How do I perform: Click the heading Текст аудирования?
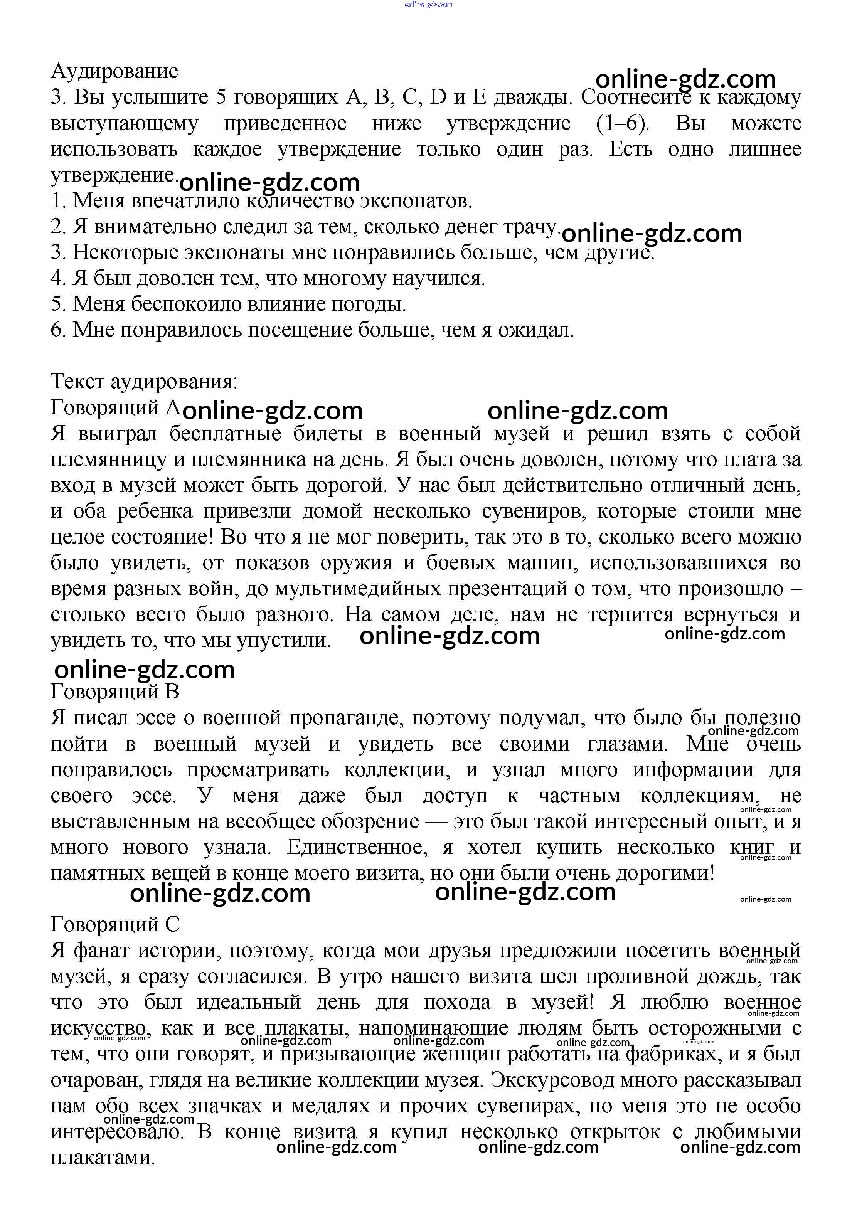pyautogui.click(x=144, y=382)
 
